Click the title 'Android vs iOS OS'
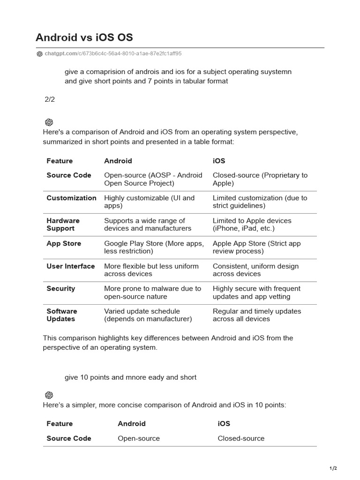click(x=84, y=37)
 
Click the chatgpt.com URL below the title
click(x=113, y=53)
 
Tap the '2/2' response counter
click(x=50, y=99)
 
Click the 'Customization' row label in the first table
click(x=71, y=198)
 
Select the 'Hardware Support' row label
click(x=63, y=225)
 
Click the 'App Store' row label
click(x=64, y=243)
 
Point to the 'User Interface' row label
click(x=70, y=266)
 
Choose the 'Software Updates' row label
click(x=61, y=315)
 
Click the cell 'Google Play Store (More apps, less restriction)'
click(x=154, y=247)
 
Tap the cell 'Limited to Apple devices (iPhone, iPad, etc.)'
click(x=252, y=225)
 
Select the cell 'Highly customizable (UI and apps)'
click(x=149, y=202)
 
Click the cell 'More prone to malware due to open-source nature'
click(x=152, y=292)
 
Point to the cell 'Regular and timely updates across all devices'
click(x=257, y=315)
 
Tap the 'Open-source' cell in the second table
click(x=139, y=438)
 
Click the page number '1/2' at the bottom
click(x=333, y=468)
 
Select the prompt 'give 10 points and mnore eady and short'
click(x=130, y=377)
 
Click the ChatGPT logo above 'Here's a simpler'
click(x=49, y=395)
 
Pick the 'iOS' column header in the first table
click(x=219, y=161)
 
